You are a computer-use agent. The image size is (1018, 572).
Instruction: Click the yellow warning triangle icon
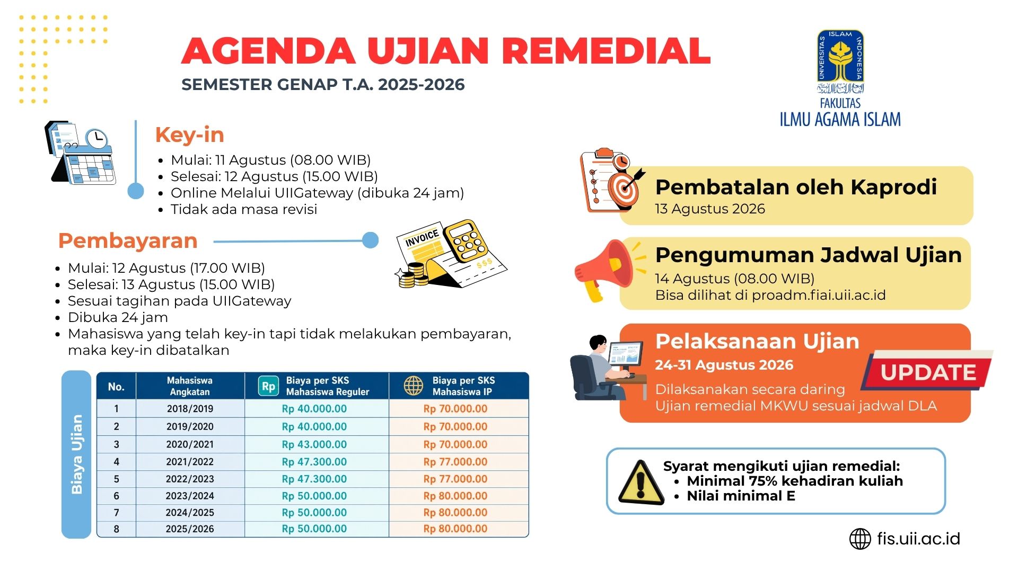click(641, 482)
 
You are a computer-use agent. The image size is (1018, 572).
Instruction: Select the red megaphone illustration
click(604, 270)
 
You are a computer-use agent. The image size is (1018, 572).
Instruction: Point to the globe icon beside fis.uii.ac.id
click(860, 539)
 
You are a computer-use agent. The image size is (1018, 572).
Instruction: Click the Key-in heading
click(189, 135)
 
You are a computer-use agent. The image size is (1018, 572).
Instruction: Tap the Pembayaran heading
click(128, 241)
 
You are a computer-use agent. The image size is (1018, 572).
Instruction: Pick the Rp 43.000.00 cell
click(314, 444)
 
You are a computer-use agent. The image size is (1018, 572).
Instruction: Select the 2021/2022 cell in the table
click(190, 462)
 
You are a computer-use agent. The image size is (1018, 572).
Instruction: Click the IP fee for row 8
click(455, 529)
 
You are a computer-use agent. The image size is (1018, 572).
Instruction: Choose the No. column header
click(116, 387)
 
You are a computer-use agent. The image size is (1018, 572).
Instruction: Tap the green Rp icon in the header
click(268, 386)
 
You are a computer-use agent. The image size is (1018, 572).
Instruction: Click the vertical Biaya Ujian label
click(77, 454)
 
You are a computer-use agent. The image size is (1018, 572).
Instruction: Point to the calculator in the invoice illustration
click(466, 242)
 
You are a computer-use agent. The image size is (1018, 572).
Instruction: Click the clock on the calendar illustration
click(96, 139)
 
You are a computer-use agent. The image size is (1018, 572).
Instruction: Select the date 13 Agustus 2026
click(710, 209)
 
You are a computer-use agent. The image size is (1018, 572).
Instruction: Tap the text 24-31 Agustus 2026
click(724, 365)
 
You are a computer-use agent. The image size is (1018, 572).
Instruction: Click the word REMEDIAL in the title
click(606, 51)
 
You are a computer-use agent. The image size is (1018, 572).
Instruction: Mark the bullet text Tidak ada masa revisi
click(244, 209)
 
